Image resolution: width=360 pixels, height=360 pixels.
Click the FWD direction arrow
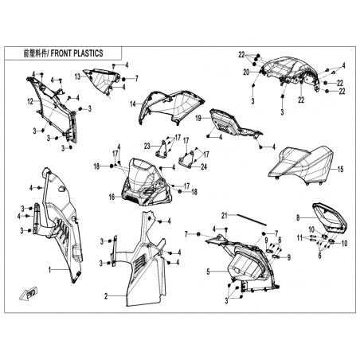coord(29,293)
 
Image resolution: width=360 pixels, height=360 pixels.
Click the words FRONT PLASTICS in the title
coord(76,53)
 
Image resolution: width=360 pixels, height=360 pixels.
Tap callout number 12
coord(30,101)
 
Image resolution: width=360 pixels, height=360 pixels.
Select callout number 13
coord(77,76)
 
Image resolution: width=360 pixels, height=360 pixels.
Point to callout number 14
coord(133,104)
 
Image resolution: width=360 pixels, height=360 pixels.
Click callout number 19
coord(198,118)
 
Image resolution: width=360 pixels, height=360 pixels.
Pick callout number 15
coord(340,169)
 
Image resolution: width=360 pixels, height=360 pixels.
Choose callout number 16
coord(112,197)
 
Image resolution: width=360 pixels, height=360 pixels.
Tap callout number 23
coord(147,146)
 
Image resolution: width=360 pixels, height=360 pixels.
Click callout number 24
coord(204,166)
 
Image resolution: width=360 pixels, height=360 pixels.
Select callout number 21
coord(225,216)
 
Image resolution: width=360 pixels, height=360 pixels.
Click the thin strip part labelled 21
coord(252,219)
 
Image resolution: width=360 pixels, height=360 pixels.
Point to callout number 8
coord(298,217)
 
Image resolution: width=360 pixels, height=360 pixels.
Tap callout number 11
coord(299,238)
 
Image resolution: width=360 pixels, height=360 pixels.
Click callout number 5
coord(209,272)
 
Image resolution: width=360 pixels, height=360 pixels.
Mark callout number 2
coord(106,296)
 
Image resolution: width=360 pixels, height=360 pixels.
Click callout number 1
coord(49,270)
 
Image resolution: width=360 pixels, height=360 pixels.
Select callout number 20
coord(246,72)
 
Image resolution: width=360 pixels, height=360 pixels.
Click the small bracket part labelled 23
coord(162,149)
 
